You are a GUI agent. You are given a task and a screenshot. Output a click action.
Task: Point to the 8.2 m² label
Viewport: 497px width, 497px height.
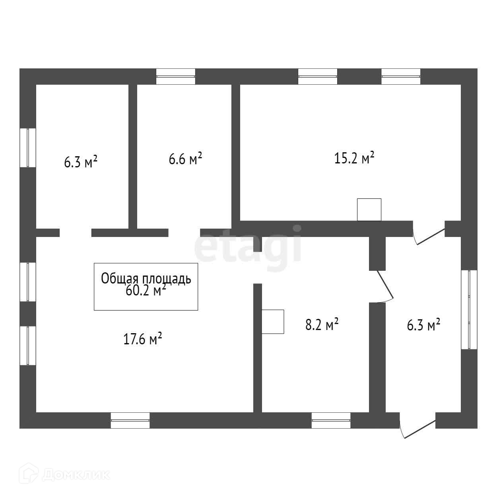(322, 325)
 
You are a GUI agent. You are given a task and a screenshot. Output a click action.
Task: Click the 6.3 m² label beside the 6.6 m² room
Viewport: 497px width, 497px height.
(81, 162)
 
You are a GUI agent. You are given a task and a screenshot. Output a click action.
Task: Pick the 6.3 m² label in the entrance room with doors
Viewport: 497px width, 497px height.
(423, 325)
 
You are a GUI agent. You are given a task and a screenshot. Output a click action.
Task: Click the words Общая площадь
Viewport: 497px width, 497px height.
(146, 278)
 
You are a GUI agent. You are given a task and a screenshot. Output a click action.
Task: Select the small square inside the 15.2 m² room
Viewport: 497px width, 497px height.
(369, 209)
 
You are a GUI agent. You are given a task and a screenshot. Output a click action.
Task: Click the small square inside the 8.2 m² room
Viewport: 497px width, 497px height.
(273, 321)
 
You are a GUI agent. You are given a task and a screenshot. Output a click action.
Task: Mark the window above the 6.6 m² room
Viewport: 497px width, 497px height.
(175, 76)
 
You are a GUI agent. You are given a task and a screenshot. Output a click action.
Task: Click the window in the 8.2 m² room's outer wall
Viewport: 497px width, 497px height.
(331, 420)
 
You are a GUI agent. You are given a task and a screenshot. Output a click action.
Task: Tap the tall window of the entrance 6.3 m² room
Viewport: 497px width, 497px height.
(469, 310)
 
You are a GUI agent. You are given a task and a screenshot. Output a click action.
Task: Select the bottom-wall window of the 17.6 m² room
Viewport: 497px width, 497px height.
(130, 420)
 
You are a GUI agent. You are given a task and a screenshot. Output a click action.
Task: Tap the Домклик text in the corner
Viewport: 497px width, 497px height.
(76, 474)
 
